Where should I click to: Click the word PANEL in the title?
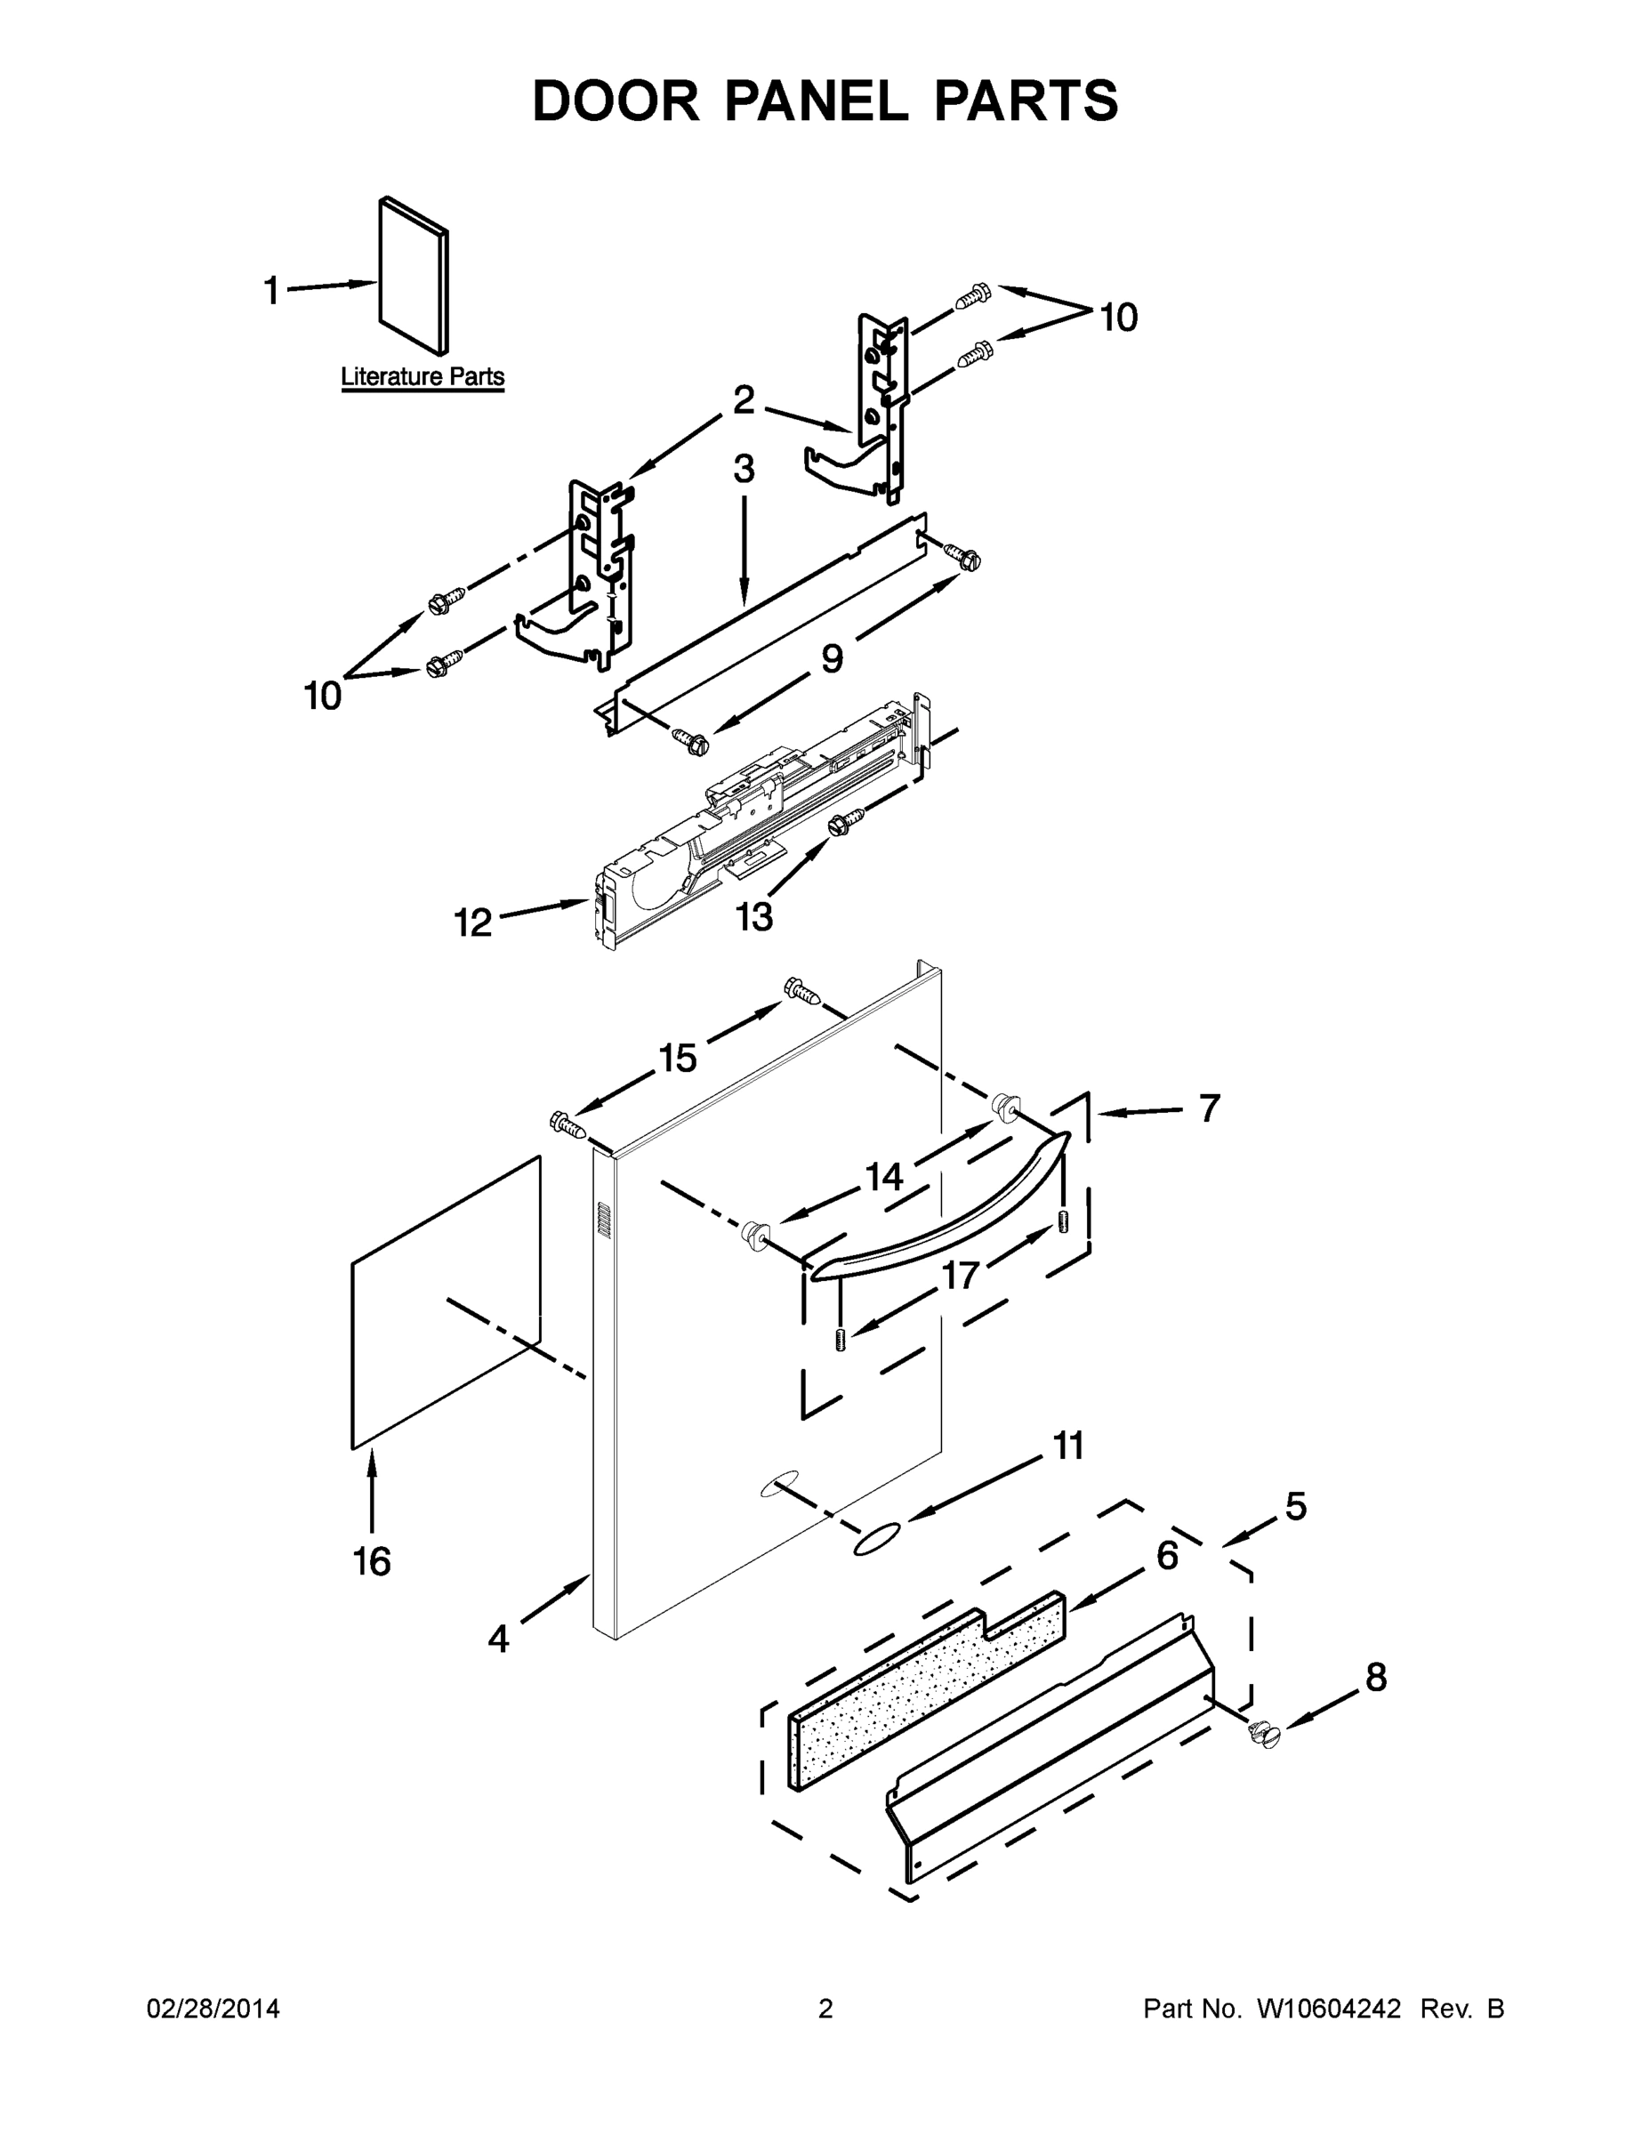816,101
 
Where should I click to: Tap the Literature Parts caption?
423,376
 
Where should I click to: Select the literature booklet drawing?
415,276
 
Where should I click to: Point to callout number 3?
744,469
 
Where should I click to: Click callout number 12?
473,922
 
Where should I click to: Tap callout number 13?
753,917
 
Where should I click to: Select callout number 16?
372,1561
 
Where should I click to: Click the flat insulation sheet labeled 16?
446,1301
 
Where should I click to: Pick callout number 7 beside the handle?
1209,1108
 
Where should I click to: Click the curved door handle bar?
938,1207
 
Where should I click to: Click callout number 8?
1375,1678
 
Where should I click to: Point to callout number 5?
1295,1506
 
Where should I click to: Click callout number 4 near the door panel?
498,1639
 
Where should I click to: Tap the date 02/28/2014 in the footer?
213,2009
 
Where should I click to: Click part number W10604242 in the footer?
1327,2009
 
